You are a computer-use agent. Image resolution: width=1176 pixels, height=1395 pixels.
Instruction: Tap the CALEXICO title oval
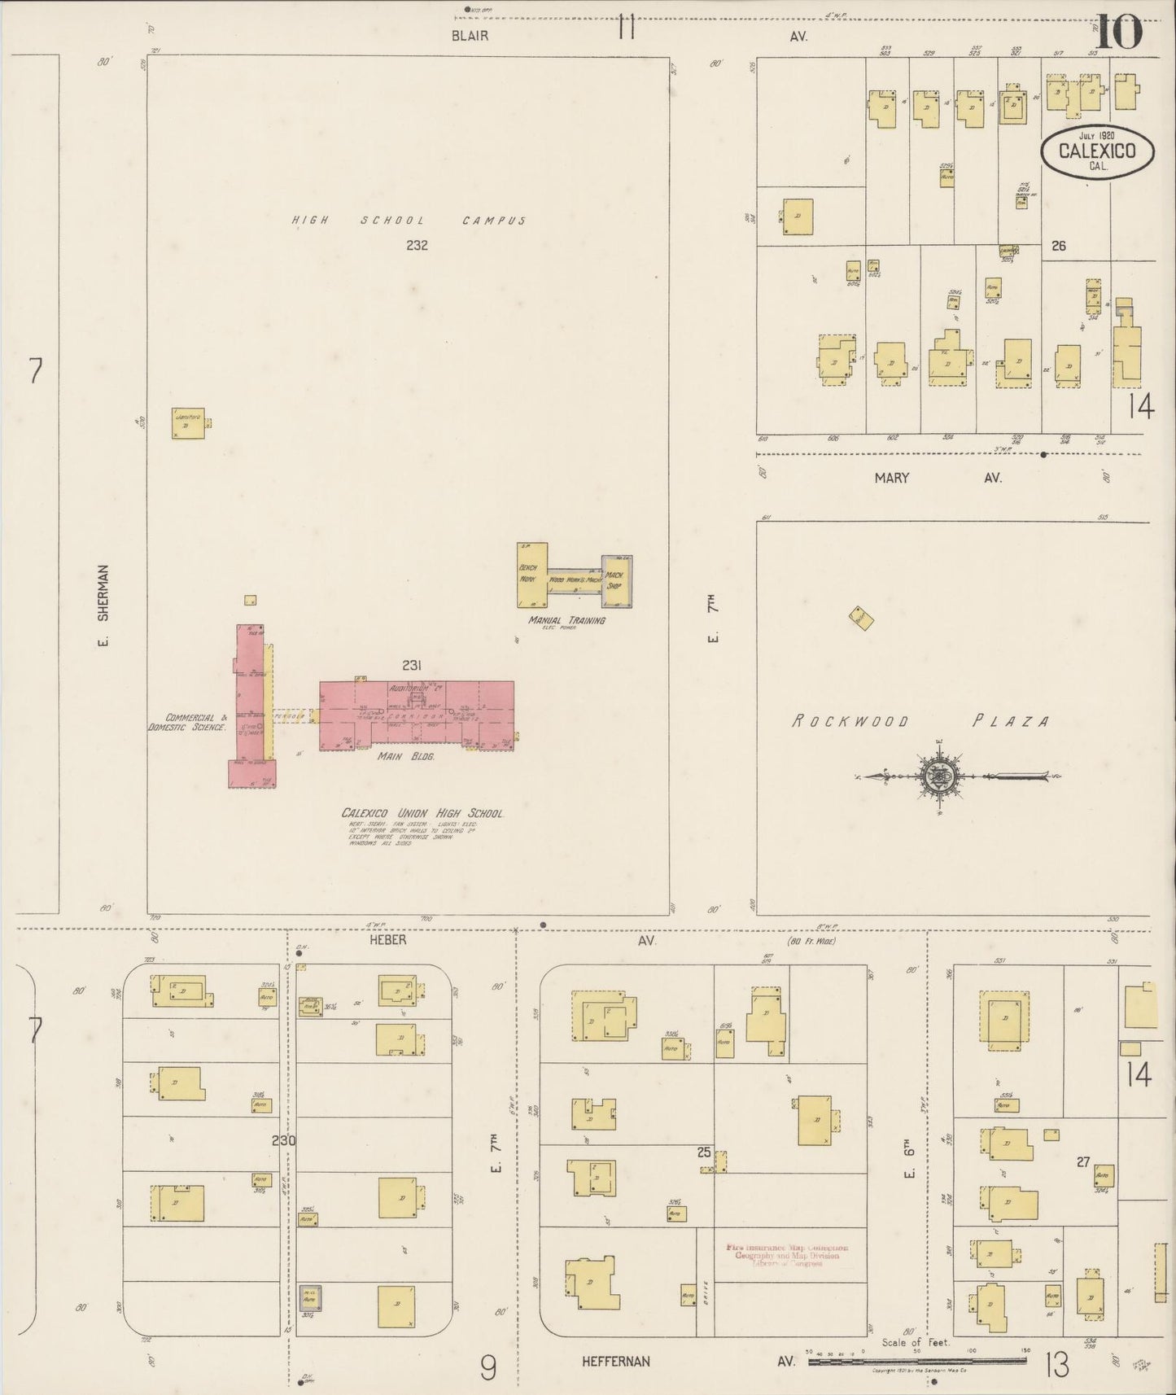1098,151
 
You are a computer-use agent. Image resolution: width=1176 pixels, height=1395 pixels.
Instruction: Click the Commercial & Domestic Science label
186,722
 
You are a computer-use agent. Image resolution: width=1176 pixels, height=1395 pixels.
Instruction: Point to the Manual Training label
566,620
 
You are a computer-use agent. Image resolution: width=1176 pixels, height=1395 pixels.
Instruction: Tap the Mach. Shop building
616,581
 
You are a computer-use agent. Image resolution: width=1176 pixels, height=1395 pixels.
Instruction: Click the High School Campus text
409,221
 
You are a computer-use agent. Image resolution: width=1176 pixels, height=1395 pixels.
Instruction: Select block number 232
417,245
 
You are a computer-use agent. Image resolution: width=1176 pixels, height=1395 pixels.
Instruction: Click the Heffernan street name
615,1361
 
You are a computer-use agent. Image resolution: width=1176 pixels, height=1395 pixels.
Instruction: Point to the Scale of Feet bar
917,1360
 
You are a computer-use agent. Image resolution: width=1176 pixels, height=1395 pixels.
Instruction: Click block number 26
1058,245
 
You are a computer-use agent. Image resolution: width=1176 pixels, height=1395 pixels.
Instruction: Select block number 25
704,1152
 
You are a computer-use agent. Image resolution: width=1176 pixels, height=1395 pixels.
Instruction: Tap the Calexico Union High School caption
422,813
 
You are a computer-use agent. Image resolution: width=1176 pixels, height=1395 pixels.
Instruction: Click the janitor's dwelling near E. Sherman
188,423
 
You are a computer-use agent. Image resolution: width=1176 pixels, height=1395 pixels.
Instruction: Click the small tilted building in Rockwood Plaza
861,618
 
